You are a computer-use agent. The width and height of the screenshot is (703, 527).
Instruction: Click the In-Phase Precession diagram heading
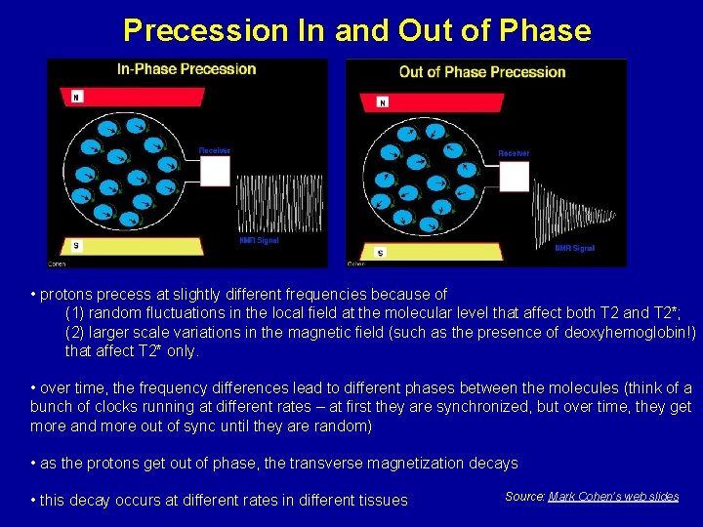pyautogui.click(x=186, y=69)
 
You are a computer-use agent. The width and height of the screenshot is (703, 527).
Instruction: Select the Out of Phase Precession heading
pyautogui.click(x=482, y=72)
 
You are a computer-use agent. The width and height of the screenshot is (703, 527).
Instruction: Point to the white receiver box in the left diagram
pyautogui.click(x=215, y=171)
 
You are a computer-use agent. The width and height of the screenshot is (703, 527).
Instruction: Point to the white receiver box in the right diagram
pyautogui.click(x=515, y=176)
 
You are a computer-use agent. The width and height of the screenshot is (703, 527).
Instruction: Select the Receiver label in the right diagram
pyautogui.click(x=514, y=153)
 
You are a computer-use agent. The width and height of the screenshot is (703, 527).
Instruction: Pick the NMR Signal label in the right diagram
pyautogui.click(x=574, y=248)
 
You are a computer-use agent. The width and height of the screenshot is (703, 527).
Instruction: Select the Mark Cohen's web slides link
pyautogui.click(x=613, y=497)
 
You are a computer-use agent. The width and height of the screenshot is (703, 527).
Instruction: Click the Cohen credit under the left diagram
pyautogui.click(x=58, y=263)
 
